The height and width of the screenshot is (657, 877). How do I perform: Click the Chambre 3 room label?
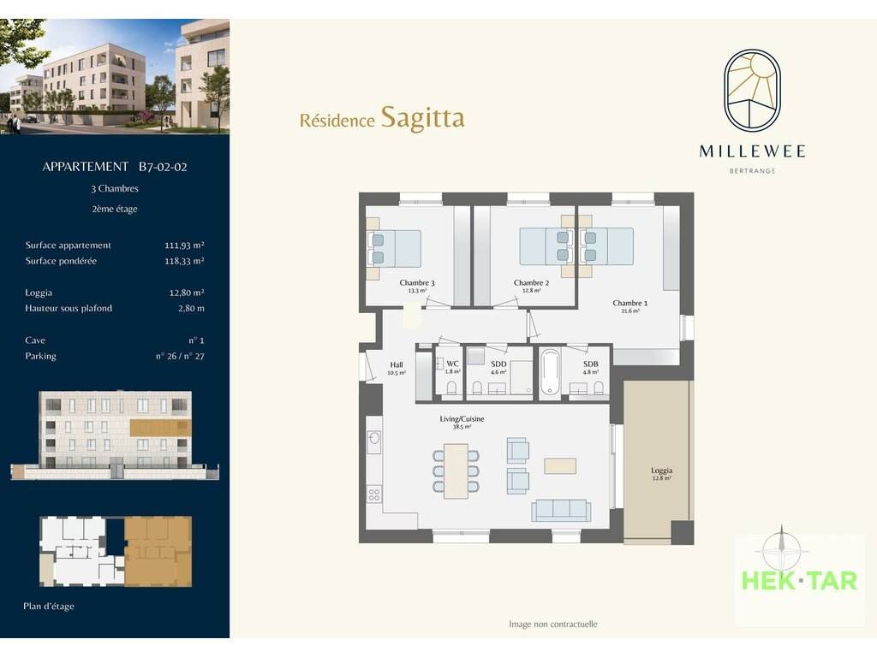click(417, 282)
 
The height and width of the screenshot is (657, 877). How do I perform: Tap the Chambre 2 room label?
click(531, 282)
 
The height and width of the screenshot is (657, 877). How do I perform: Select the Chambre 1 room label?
click(629, 303)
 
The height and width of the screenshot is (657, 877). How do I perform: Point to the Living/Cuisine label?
click(462, 418)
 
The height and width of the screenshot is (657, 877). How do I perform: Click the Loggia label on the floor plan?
click(662, 471)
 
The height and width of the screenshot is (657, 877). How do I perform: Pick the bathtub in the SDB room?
click(550, 372)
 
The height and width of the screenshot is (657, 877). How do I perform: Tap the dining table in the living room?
click(456, 471)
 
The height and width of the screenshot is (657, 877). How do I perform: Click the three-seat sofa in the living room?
click(561, 510)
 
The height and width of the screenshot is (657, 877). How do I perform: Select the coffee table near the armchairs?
click(560, 466)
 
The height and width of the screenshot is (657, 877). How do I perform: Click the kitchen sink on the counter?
click(374, 437)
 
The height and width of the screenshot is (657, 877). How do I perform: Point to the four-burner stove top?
click(374, 494)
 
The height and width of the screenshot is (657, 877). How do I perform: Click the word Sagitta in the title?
click(422, 117)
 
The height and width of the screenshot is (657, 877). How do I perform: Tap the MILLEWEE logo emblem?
click(752, 89)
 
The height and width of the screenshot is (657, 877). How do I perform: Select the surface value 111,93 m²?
click(184, 245)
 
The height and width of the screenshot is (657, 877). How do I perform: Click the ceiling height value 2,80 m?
click(191, 308)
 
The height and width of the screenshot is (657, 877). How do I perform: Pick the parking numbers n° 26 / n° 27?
click(180, 356)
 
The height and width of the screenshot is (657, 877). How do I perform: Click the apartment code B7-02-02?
click(163, 167)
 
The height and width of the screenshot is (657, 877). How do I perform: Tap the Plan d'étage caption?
click(49, 607)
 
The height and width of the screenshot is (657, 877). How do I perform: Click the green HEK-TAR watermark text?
click(799, 581)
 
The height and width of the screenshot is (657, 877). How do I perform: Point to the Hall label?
click(397, 364)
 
